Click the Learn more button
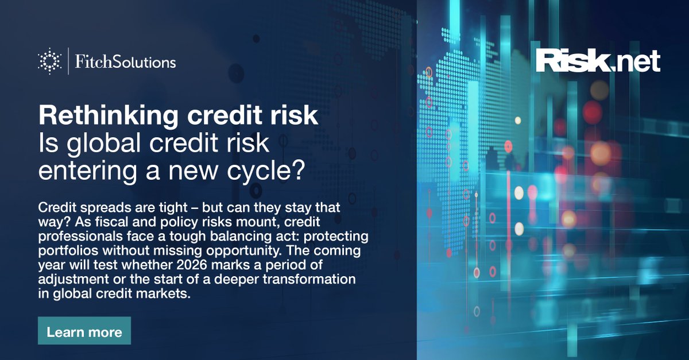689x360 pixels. coord(84,331)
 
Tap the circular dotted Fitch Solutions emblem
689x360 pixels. coord(49,61)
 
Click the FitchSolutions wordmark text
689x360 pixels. coord(125,61)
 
